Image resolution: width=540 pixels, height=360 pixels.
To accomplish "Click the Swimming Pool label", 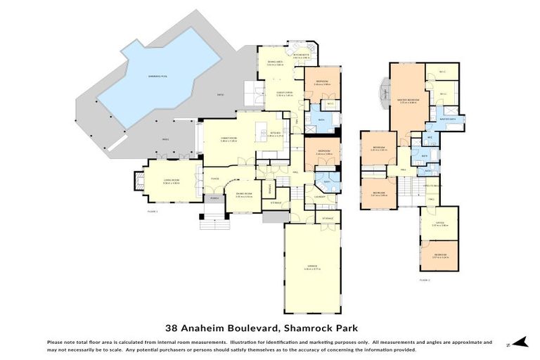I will coord(155,75).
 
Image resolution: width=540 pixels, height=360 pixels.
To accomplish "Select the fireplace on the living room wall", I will coord(131,183).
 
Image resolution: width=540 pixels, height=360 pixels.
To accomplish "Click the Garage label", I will coord(311,267).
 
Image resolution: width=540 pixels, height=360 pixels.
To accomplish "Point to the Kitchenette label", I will coord(302,57).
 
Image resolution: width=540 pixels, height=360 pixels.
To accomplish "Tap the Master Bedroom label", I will coord(408,100).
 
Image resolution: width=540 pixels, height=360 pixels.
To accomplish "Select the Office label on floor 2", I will coord(439,224).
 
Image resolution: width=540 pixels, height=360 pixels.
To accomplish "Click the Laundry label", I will coord(320,197).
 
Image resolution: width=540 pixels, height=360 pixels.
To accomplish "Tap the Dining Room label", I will coord(243,195).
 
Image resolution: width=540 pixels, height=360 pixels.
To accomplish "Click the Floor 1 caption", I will coord(153,211).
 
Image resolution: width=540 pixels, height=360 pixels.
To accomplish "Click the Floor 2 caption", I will coord(424,280).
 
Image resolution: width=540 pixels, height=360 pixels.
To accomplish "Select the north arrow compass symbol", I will coord(520,343).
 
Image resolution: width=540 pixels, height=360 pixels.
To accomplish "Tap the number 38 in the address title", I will coord(171,327).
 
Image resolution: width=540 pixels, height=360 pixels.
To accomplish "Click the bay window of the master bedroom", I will coord(384,93).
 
